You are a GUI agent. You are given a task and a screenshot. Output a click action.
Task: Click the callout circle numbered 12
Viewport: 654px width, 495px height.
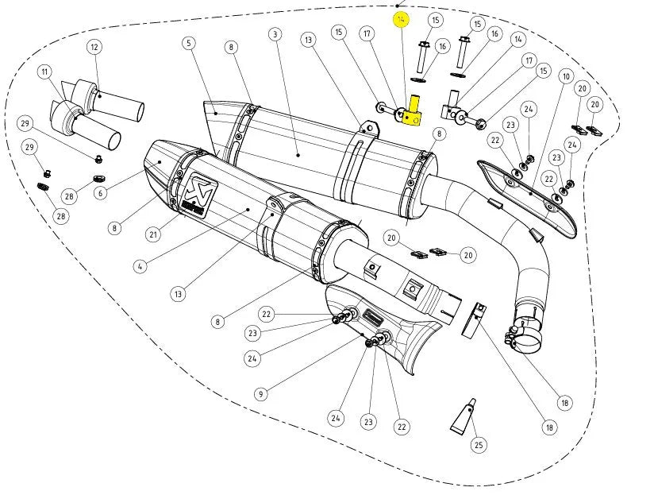94,47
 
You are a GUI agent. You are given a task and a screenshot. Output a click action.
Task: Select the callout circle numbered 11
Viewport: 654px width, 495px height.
44,72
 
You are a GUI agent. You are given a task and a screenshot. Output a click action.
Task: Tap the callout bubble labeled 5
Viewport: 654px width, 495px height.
189,42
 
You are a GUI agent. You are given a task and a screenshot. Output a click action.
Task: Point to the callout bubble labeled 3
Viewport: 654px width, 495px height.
275,34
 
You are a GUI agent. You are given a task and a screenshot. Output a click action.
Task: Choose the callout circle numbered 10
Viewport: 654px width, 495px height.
565,76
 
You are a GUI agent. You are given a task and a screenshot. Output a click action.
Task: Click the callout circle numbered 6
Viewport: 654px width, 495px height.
100,193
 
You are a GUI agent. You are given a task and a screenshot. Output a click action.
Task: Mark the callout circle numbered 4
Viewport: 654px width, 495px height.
140,266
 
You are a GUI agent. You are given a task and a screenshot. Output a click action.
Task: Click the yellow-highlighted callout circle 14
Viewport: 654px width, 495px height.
401,18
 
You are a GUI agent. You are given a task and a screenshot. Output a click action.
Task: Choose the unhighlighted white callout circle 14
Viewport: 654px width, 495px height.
518,39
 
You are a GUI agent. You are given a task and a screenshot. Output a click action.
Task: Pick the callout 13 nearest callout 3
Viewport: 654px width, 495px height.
308,39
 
